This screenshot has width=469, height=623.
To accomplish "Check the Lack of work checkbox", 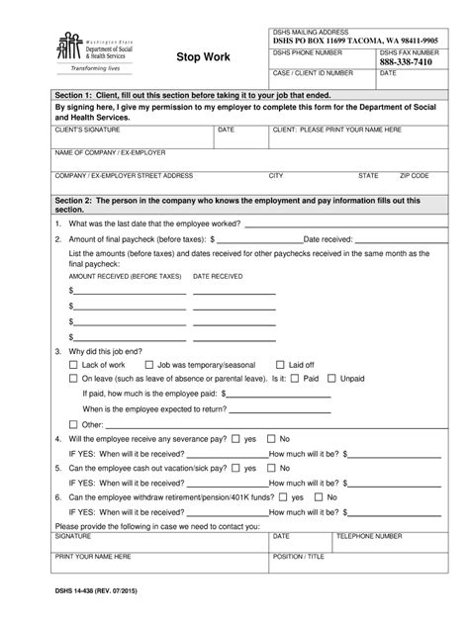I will (73, 364).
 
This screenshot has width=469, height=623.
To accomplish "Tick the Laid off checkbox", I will (280, 364).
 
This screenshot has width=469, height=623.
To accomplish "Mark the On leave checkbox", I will (73, 378).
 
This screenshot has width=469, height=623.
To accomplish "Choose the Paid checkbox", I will (295, 378).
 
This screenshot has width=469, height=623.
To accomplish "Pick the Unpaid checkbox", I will (332, 378).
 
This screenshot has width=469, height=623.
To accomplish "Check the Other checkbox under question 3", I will (73, 424).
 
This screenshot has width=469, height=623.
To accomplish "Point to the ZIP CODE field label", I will (414, 175).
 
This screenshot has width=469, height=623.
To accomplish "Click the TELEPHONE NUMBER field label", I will (369, 535).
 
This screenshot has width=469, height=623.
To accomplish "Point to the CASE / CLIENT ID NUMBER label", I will (313, 73).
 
